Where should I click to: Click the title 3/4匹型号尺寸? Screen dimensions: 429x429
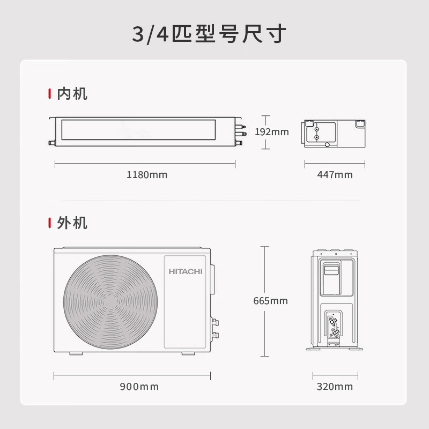coord(210,34)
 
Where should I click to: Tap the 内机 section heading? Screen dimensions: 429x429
coord(72,94)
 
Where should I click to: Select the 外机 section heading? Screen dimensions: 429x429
coord(72,223)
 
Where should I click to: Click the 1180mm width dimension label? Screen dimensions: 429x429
coord(146,175)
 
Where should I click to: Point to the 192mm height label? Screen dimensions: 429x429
coord(271,132)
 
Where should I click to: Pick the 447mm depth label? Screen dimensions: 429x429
coord(335,175)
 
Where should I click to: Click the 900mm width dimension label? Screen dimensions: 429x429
coord(139,387)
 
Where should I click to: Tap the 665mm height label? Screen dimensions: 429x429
coord(270,301)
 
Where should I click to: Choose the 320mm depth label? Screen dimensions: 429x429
coord(335,387)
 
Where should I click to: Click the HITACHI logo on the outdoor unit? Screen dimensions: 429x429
coord(186,272)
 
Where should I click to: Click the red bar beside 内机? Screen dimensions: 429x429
coord(50,94)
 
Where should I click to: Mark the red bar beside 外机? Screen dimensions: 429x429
coord(50,223)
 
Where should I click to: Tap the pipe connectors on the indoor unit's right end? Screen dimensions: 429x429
coord(242,130)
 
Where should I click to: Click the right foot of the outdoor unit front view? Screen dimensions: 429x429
coord(188,353)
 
